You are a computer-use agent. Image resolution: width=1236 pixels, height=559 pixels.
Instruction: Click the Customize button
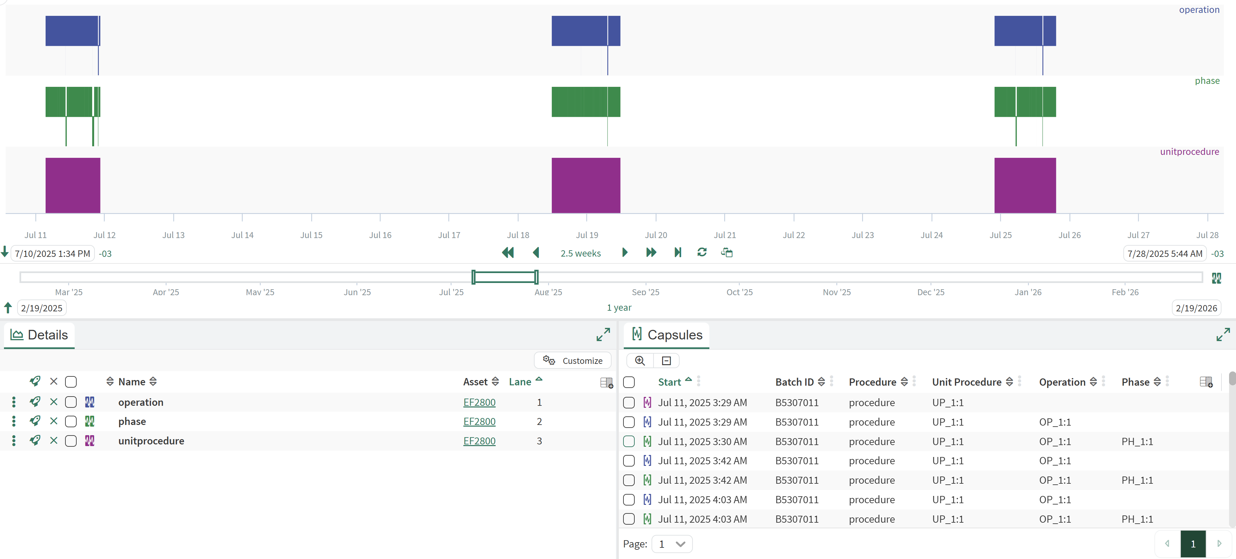573,361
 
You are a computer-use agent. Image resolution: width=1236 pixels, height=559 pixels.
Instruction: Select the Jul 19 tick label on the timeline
587,235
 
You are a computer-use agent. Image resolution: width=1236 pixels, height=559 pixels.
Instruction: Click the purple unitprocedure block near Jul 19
585,185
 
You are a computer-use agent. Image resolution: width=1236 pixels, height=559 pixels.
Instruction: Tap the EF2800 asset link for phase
479,421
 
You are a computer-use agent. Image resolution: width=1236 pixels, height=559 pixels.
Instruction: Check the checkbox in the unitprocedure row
71,440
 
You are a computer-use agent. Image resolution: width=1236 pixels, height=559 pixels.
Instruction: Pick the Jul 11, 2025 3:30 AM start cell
702,441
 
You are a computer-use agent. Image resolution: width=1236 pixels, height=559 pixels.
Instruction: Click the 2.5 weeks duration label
580,253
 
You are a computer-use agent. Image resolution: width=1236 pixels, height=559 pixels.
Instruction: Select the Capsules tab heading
674,334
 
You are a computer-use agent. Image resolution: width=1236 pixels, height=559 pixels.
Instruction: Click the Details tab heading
48,334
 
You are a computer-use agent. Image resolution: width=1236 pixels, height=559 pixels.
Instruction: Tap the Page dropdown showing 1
672,544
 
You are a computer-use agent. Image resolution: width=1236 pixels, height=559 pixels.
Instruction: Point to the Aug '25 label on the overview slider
548,292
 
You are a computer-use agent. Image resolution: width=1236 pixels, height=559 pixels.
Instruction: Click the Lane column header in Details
520,382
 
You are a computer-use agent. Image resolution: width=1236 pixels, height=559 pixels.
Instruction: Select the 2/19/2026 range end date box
1196,308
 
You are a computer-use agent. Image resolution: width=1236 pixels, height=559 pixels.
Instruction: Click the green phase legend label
1207,81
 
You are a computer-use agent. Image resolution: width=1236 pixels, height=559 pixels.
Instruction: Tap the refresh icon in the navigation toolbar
701,252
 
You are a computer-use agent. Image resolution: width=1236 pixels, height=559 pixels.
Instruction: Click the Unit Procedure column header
966,382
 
